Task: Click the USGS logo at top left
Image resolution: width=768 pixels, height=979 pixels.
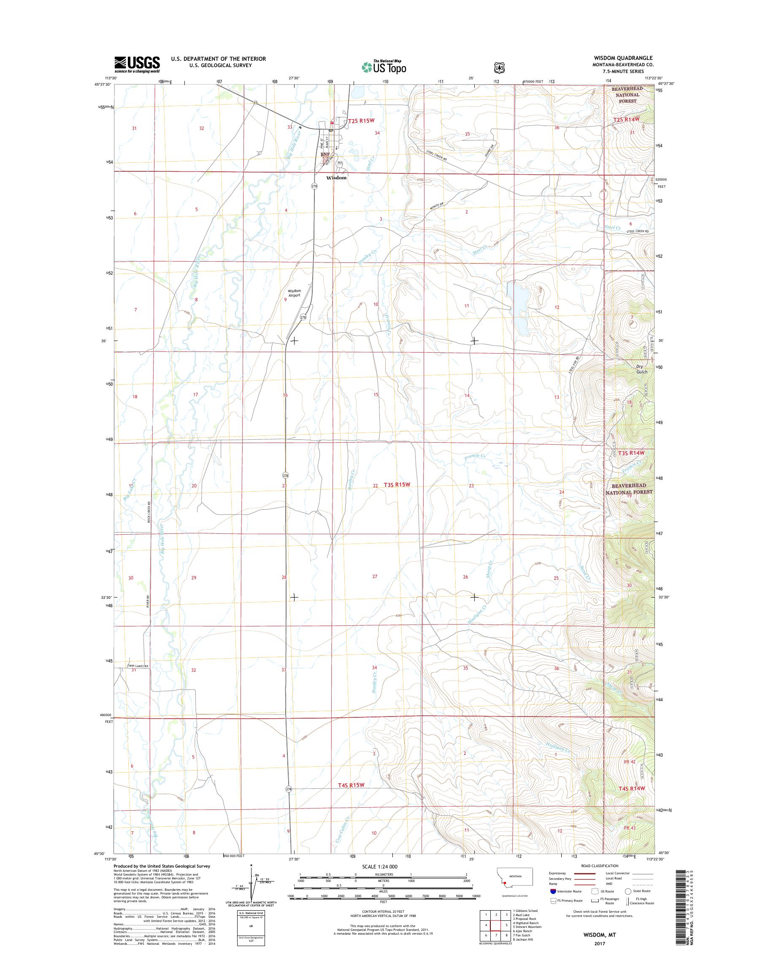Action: [x=137, y=64]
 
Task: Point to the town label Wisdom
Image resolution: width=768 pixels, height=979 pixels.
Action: [x=336, y=178]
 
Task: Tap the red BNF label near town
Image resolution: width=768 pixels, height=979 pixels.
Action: [x=325, y=155]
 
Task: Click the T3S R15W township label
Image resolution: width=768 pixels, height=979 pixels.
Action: [x=398, y=485]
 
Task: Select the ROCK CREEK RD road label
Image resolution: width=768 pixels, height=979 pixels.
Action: [x=149, y=512]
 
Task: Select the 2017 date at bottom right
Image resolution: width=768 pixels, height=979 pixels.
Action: [x=598, y=943]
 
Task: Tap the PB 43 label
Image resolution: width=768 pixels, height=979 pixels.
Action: [x=630, y=828]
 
